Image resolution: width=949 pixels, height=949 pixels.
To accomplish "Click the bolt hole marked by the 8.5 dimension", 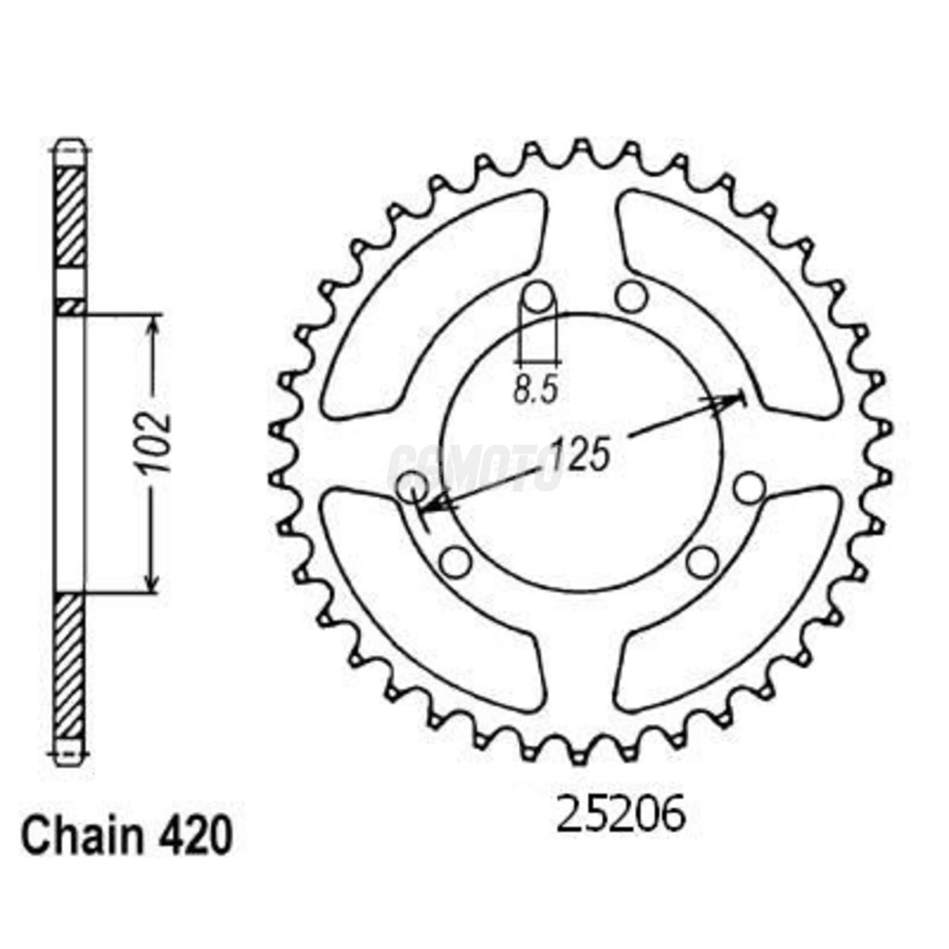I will [538, 296].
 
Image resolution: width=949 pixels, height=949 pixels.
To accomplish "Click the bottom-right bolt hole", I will [702, 562].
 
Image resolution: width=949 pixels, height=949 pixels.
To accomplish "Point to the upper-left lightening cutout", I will [434, 298].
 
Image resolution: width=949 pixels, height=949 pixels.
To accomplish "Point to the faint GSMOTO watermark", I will [474, 468].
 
